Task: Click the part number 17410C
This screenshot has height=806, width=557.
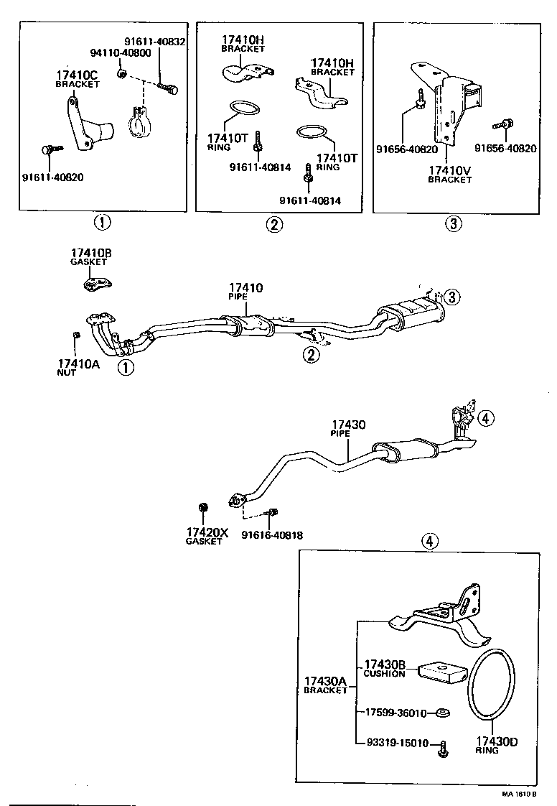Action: pyautogui.click(x=78, y=74)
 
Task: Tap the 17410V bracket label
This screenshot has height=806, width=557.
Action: pyautogui.click(x=450, y=170)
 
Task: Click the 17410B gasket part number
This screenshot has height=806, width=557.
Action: pyautogui.click(x=90, y=254)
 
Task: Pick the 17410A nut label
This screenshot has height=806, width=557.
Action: pyautogui.click(x=78, y=363)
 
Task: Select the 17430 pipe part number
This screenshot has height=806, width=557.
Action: pyautogui.click(x=348, y=425)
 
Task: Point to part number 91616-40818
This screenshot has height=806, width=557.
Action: pyautogui.click(x=271, y=535)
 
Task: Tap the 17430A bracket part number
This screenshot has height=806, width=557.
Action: pyautogui.click(x=324, y=680)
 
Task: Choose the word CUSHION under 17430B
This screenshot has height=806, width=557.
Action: pyautogui.click(x=385, y=674)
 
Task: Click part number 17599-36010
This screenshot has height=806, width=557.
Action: pyautogui.click(x=396, y=713)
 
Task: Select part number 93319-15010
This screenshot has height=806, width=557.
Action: pyautogui.click(x=397, y=744)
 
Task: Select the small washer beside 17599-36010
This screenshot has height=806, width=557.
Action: pyautogui.click(x=443, y=713)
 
